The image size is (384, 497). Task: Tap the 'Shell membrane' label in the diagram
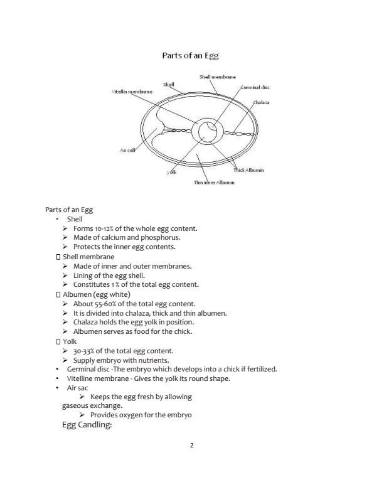pos(217,77)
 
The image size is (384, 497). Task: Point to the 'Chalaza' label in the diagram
pos(261,102)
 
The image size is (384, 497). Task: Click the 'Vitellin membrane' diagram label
pos(132,92)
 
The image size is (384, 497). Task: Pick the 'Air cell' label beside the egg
pos(128,150)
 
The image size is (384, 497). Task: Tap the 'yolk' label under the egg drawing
pos(171,171)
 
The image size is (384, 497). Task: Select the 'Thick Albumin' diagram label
pos(248,170)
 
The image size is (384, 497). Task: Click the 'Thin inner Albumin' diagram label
pos(214,182)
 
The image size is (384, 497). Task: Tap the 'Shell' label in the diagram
pos(168,83)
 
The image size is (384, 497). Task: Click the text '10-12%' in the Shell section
pos(102,228)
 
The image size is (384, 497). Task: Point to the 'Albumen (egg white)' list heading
pos(96,294)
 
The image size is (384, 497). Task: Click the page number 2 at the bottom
pos(192,446)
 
